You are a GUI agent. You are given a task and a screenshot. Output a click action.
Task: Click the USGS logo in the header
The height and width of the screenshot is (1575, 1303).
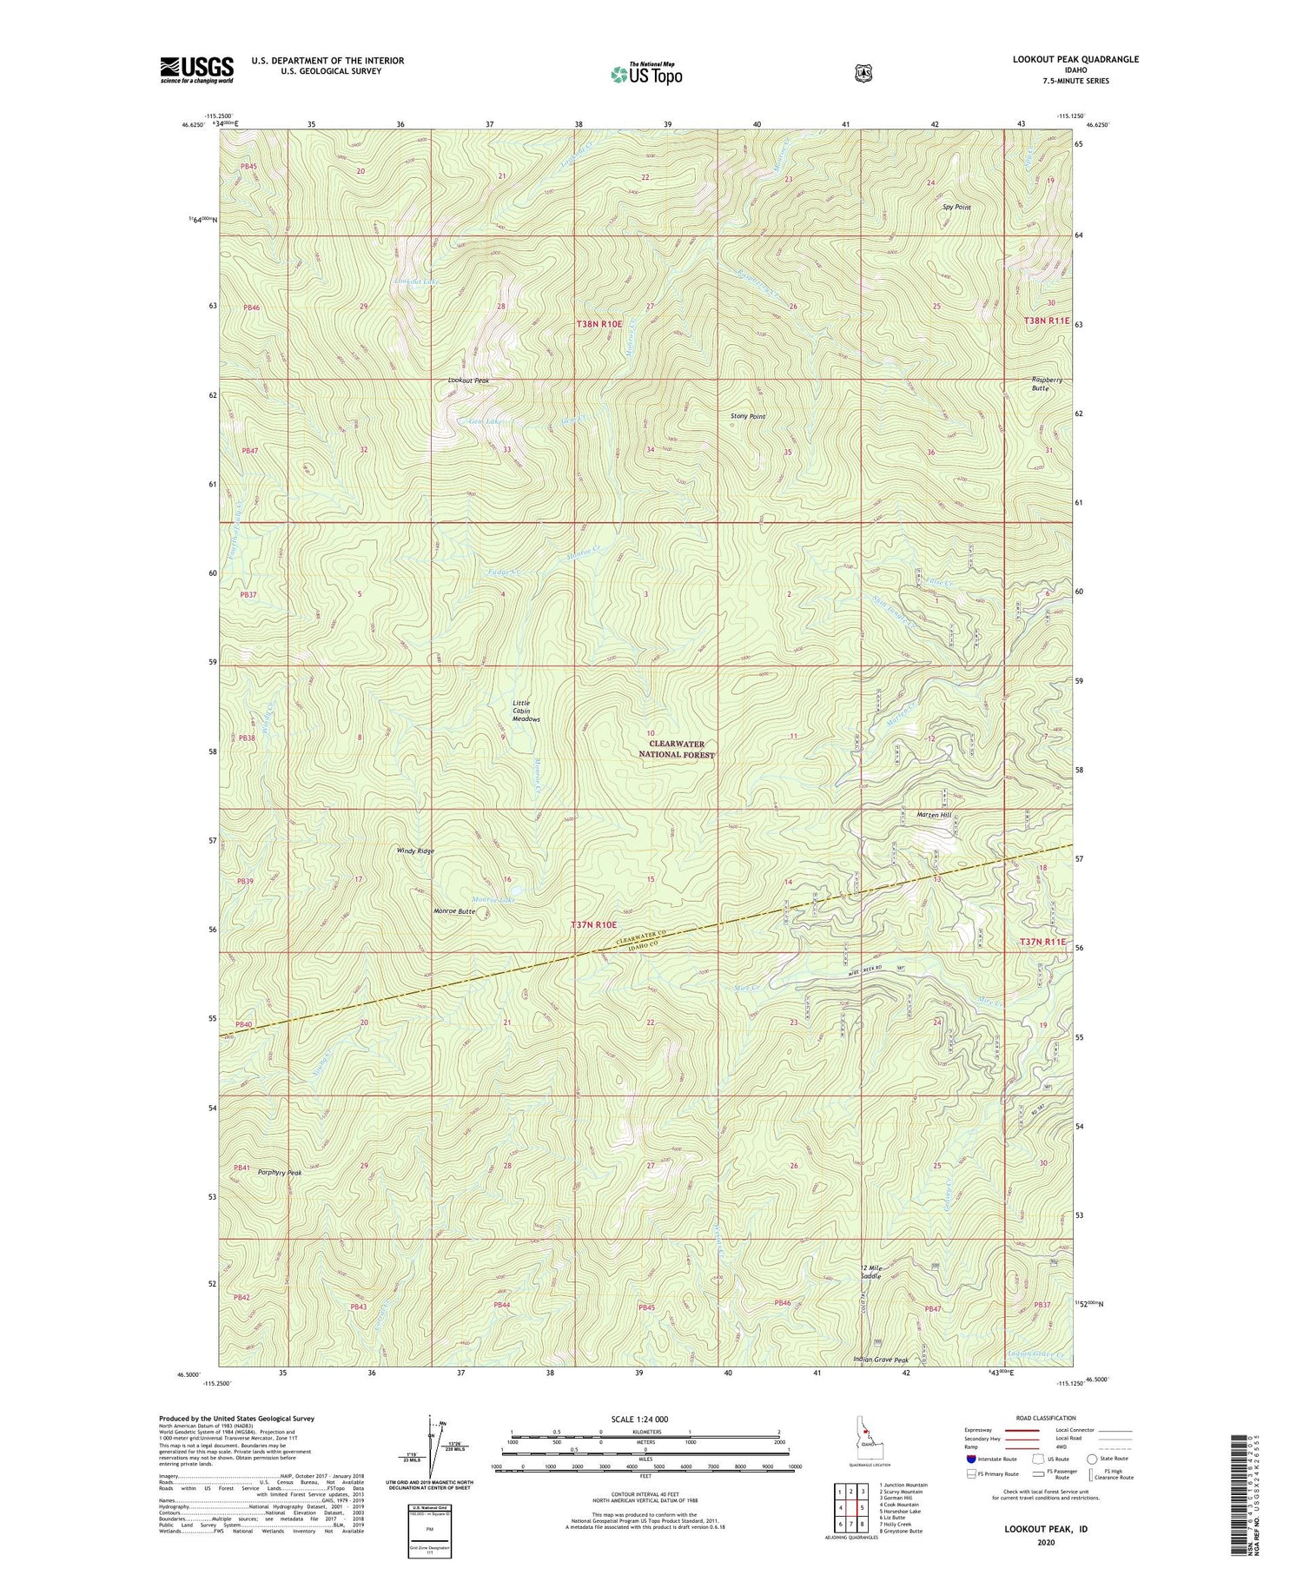point(196,69)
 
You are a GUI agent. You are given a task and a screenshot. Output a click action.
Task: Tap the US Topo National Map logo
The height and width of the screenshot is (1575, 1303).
point(646,74)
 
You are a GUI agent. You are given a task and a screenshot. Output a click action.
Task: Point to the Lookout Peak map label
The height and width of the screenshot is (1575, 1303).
point(468,381)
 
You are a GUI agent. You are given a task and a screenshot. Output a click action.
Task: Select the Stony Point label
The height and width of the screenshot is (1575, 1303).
point(748,416)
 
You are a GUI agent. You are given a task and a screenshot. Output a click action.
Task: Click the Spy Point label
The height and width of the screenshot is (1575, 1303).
point(956,208)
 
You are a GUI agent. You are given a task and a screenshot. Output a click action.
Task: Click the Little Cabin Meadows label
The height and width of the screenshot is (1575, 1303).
point(525,711)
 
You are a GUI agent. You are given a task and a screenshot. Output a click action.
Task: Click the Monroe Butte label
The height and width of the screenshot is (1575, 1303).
point(453,911)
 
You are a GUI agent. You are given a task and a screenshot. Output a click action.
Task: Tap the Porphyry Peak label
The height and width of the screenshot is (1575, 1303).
point(280,1173)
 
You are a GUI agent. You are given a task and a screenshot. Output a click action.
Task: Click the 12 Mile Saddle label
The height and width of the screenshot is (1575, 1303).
point(871,1272)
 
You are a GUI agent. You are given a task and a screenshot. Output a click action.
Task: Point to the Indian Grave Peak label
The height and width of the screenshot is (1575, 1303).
point(881,1360)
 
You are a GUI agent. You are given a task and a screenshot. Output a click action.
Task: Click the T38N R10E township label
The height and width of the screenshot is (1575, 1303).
point(599,323)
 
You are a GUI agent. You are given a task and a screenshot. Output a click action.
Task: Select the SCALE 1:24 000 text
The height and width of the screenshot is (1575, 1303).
point(645,1419)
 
